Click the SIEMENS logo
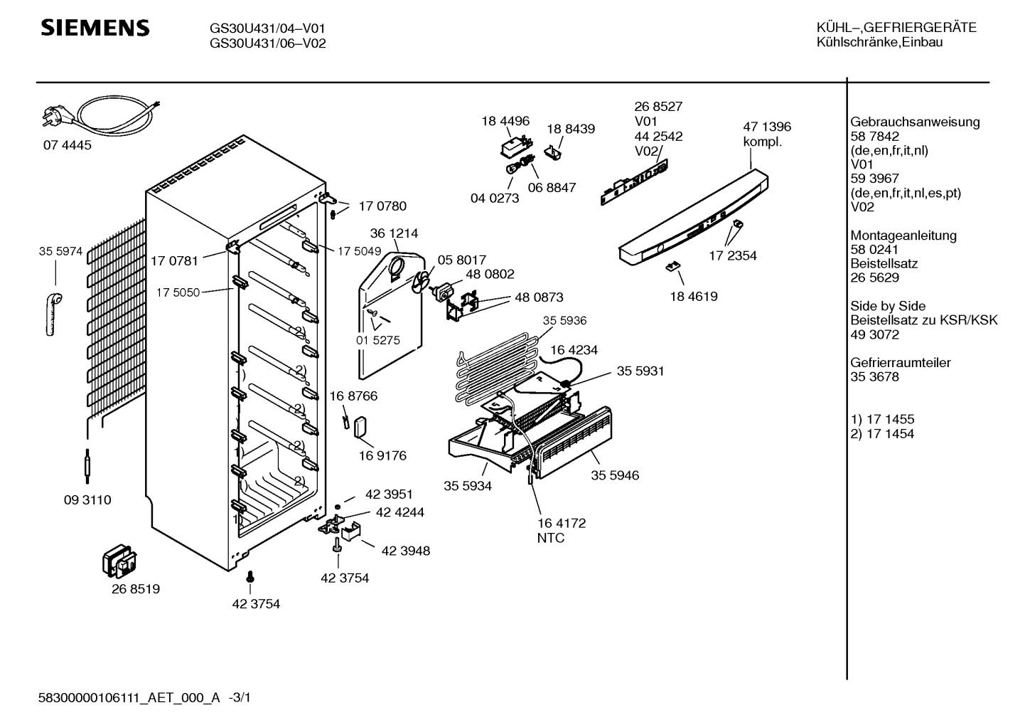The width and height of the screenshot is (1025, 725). [x=95, y=28]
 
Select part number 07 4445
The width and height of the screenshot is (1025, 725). [x=67, y=145]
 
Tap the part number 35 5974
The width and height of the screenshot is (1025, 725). [x=60, y=251]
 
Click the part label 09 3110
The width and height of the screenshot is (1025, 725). [x=87, y=500]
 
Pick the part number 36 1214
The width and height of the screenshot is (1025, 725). [x=394, y=233]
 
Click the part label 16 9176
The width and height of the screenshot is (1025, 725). [x=382, y=455]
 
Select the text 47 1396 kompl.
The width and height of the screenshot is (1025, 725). [x=766, y=134]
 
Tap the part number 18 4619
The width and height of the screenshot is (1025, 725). [x=693, y=297]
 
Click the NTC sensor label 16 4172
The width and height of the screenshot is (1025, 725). [x=561, y=524]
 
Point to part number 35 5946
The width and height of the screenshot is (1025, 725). [x=614, y=475]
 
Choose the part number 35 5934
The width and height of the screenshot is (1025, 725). [x=468, y=486]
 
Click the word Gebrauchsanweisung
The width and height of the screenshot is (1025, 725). [x=915, y=122]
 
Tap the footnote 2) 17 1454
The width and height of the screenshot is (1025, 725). [x=882, y=434]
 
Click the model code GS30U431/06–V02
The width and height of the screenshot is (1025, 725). [x=267, y=43]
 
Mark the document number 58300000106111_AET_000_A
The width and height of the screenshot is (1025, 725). [x=129, y=699]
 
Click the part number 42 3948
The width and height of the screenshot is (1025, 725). [x=405, y=551]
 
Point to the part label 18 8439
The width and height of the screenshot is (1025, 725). [x=570, y=129]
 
